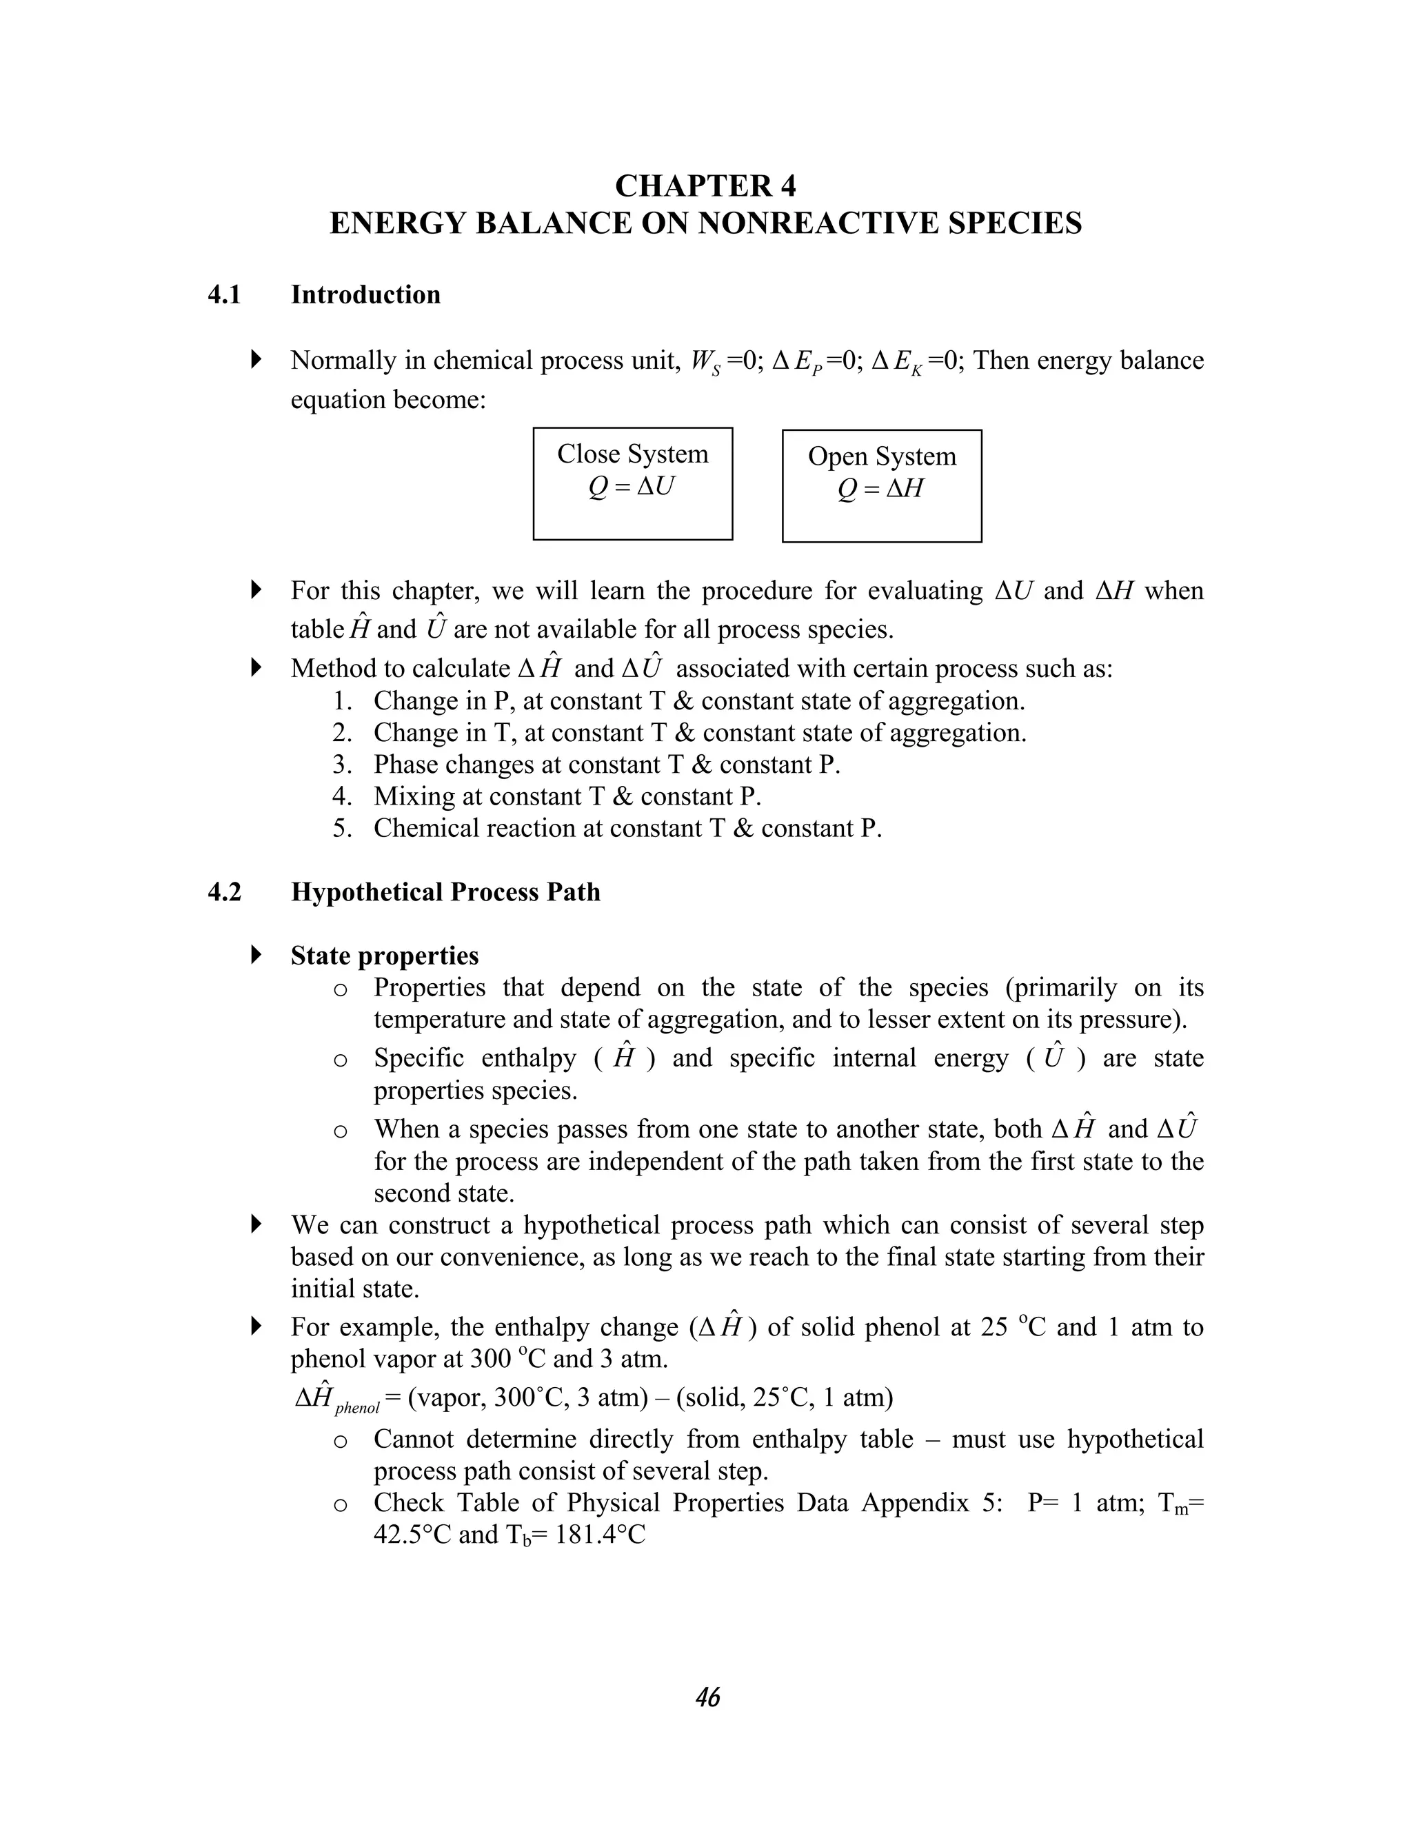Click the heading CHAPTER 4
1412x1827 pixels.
click(705, 185)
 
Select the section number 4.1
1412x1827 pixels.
click(224, 294)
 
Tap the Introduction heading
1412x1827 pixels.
click(365, 294)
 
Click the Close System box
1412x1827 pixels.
click(632, 483)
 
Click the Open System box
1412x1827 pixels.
click(882, 485)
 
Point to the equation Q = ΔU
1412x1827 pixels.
click(632, 487)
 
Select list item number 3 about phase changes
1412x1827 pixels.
click(607, 765)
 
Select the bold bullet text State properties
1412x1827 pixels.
click(384, 956)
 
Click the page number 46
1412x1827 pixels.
click(707, 1697)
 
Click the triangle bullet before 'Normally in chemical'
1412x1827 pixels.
click(256, 361)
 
